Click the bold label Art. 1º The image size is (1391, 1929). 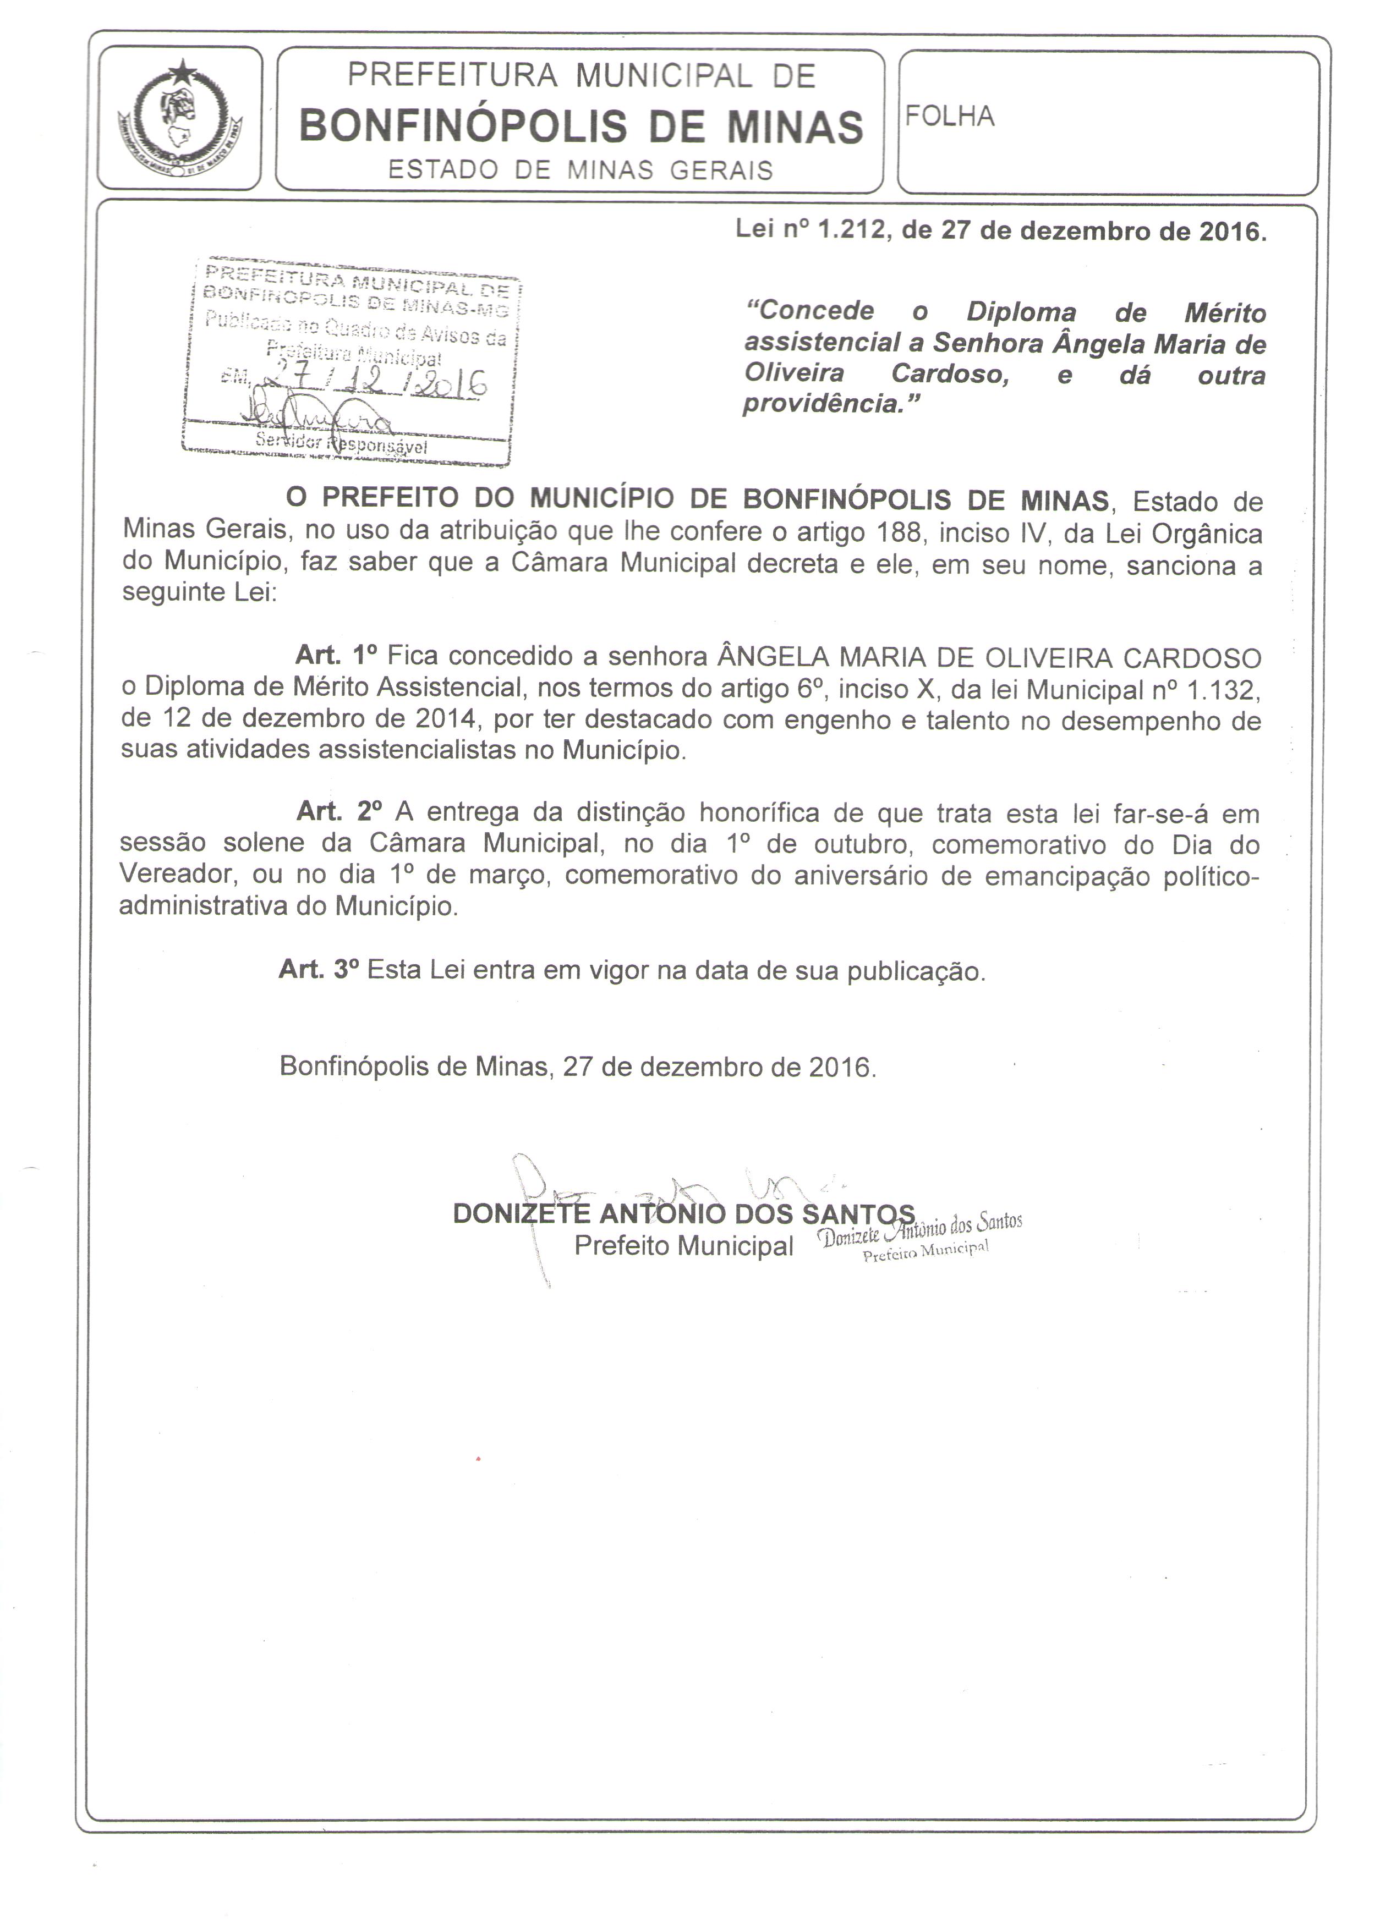pos(335,655)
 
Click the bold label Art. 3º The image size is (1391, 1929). pos(318,970)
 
